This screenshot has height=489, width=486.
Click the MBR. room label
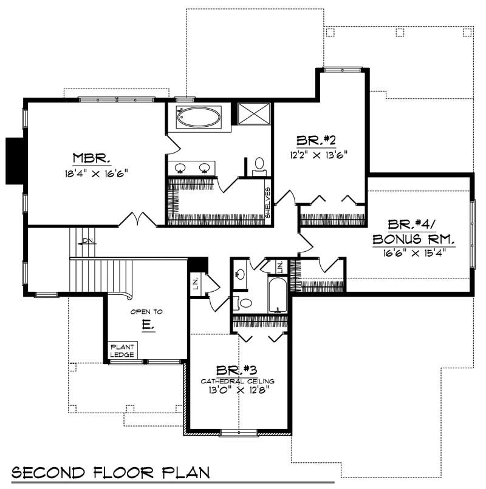click(x=91, y=159)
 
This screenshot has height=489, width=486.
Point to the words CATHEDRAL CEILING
click(x=238, y=381)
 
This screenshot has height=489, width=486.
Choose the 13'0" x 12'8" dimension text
click(x=238, y=390)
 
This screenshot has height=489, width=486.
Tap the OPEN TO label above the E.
click(x=146, y=312)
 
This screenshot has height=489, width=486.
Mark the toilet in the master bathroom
click(x=259, y=164)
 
